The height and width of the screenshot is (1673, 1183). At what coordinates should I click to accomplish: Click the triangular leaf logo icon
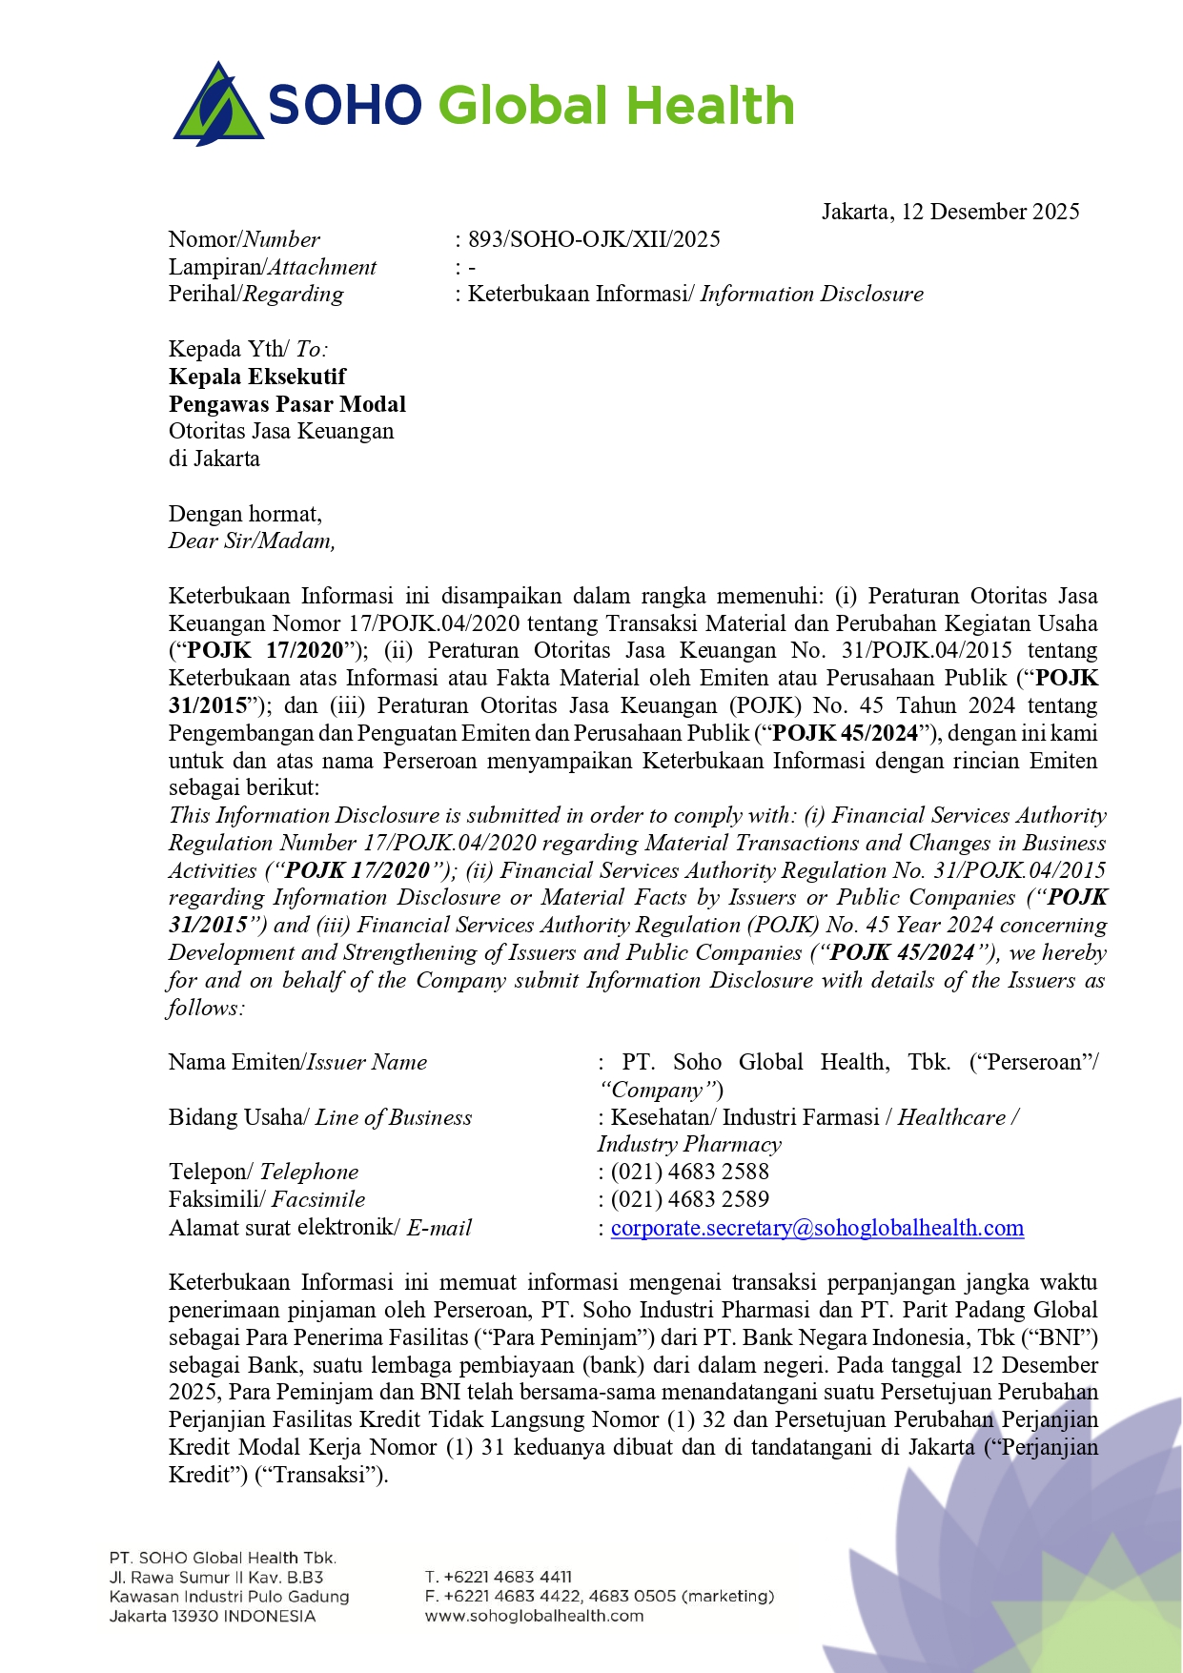tap(218, 105)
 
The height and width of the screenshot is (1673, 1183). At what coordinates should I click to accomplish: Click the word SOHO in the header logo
tap(345, 105)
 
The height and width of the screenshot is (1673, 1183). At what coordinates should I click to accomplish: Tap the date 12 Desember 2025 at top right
tap(989, 212)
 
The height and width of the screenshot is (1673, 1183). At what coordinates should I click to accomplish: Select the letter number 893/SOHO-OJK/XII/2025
tap(594, 239)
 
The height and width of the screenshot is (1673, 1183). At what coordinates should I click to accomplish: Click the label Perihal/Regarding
tap(255, 294)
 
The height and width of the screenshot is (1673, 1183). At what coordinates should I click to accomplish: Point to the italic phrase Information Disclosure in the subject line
tap(812, 294)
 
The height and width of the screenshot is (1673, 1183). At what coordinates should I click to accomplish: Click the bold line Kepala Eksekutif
tap(257, 377)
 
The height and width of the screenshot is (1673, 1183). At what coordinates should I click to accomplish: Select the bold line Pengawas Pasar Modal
tap(287, 404)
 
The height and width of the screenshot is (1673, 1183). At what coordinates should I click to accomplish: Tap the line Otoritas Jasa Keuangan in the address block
tap(281, 431)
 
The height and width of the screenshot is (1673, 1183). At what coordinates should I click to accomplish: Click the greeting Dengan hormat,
tap(245, 514)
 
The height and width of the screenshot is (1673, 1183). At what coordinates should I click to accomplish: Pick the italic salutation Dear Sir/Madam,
tap(252, 541)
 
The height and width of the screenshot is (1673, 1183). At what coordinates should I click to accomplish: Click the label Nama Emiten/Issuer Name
tap(297, 1062)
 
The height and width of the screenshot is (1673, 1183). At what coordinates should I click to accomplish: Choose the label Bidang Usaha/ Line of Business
tap(320, 1117)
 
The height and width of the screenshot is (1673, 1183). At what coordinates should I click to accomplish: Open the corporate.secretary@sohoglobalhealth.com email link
tap(817, 1228)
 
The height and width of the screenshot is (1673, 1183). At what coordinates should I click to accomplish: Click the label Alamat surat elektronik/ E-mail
tap(320, 1228)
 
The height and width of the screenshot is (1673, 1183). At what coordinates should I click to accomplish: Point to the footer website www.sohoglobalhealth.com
tap(534, 1616)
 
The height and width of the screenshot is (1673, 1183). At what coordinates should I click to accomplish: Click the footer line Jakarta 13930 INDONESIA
tap(212, 1616)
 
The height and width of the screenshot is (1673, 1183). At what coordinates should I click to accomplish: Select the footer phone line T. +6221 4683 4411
tap(498, 1577)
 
